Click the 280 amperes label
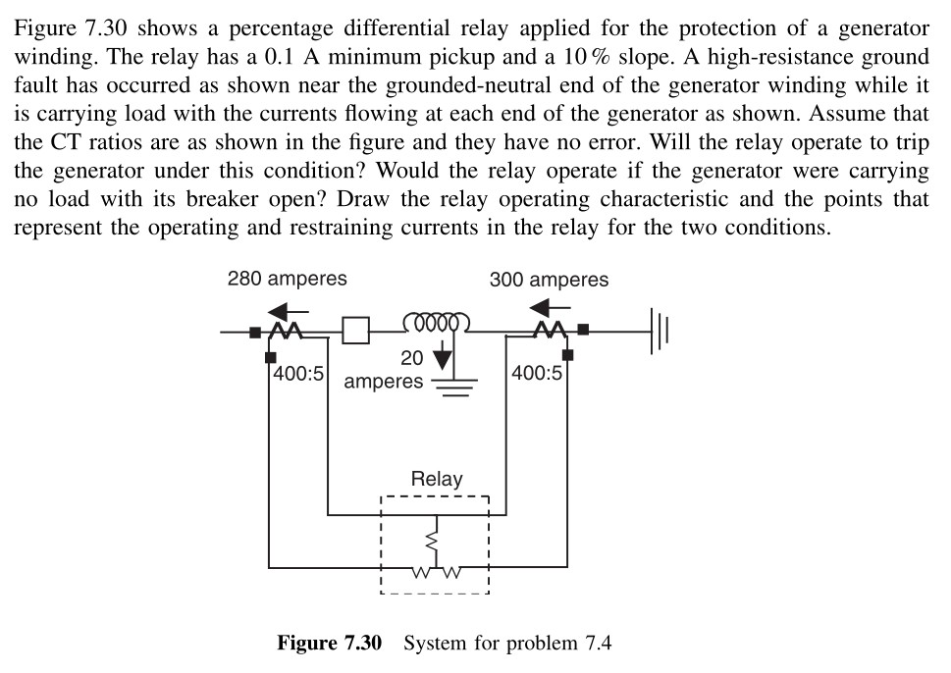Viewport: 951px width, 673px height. coord(287,279)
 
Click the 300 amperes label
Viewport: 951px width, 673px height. coord(549,280)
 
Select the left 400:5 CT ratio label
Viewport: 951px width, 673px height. coord(298,374)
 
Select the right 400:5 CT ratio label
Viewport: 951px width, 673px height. coord(537,374)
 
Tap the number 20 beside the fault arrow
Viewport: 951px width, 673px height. coord(413,358)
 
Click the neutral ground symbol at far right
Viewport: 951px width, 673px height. coord(659,332)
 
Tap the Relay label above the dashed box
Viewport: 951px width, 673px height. coord(436,480)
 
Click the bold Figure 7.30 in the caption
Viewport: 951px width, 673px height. coord(328,645)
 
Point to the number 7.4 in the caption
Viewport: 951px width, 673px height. coord(597,645)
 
